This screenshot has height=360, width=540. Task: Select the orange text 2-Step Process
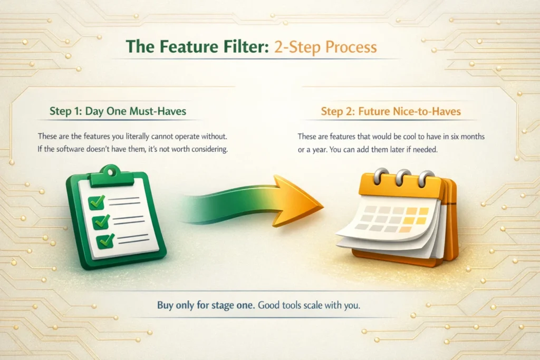tap(324, 47)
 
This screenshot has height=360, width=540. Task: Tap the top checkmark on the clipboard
tap(98, 201)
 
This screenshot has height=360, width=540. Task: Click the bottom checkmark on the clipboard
tap(105, 241)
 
